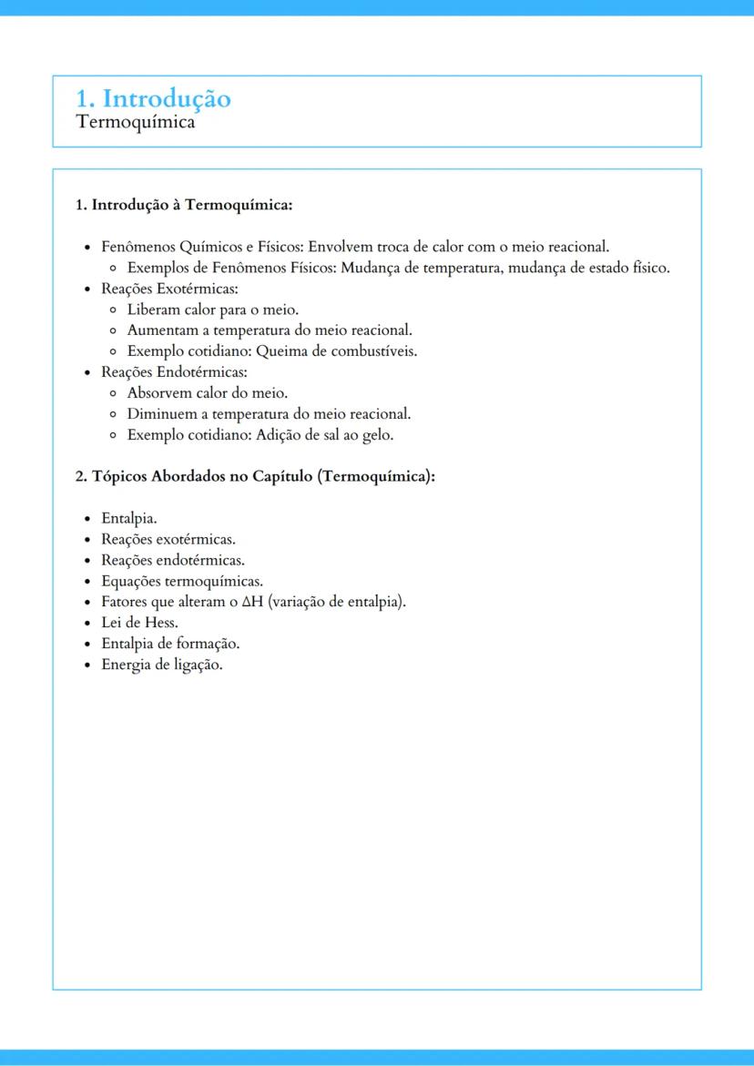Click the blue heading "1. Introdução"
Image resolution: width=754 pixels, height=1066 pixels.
[x=153, y=98]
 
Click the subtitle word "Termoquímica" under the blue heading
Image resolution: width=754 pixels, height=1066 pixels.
[x=136, y=122]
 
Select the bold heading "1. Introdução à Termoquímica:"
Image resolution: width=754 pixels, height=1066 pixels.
[x=183, y=205]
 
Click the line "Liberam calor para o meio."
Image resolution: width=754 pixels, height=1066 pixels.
[x=213, y=310]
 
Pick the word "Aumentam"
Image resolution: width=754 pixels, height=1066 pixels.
[x=158, y=330]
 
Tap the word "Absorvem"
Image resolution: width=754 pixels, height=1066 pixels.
[x=158, y=393]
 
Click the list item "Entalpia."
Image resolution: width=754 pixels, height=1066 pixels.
[x=129, y=519]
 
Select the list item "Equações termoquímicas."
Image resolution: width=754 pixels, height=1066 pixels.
[x=182, y=581]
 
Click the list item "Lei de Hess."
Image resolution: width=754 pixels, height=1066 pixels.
[x=139, y=623]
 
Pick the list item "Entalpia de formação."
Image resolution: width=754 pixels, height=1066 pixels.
[x=170, y=644]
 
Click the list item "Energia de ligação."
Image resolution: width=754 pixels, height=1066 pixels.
[x=162, y=665]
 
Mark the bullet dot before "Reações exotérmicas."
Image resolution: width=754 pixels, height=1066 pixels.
[x=88, y=540]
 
